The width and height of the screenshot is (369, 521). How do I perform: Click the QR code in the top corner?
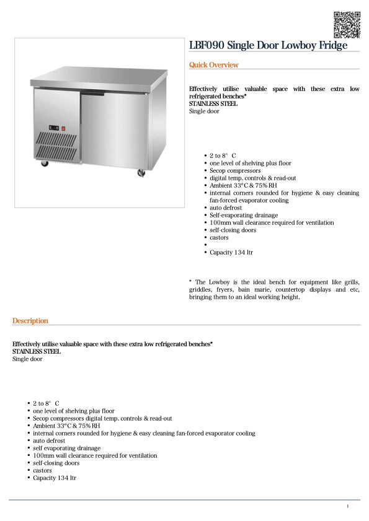pos(346,25)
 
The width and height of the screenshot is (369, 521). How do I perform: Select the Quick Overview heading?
pos(213,65)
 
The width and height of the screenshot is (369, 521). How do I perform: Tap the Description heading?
pos(30,321)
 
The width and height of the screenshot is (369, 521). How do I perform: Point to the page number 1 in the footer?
pos(348,507)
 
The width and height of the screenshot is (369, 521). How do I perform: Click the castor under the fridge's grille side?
pos(45,164)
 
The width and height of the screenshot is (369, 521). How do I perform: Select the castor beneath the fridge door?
pos(141,173)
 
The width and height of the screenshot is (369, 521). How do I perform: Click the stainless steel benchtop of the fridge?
pos(99,77)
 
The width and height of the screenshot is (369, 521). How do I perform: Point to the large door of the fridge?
pos(113,130)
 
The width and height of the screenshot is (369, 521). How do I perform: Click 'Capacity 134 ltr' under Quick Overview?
pos(231,253)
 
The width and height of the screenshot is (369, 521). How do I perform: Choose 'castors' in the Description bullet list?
pos(43,471)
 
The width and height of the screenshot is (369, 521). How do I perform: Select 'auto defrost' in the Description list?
pos(49,441)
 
